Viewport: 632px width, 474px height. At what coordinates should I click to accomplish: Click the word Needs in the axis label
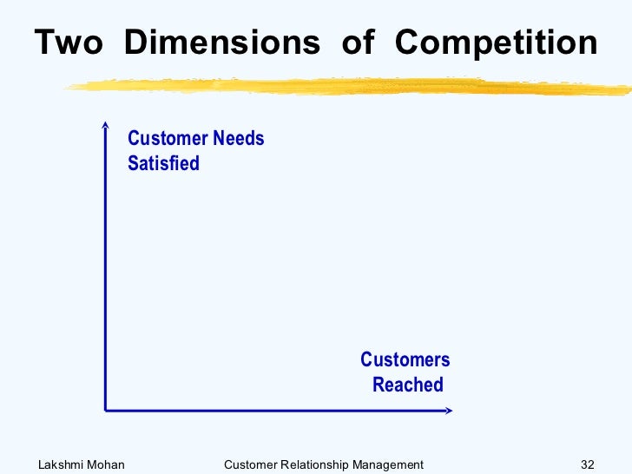pyautogui.click(x=238, y=139)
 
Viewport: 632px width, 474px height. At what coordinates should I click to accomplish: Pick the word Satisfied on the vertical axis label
pyautogui.click(x=163, y=163)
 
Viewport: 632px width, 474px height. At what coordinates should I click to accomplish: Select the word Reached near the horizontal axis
pyautogui.click(x=407, y=385)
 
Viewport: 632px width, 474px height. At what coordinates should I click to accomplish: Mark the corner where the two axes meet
pyautogui.click(x=105, y=408)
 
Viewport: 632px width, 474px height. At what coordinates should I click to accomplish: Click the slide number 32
pyautogui.click(x=588, y=464)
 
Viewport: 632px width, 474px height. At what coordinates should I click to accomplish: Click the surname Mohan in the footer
pyautogui.click(x=108, y=464)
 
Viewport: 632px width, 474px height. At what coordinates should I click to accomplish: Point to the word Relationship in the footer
pyautogui.click(x=314, y=464)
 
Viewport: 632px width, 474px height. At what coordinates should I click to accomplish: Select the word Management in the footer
pyautogui.click(x=388, y=464)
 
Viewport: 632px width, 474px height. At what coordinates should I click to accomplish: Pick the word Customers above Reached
pyautogui.click(x=405, y=360)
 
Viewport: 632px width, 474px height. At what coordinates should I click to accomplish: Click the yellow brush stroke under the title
pyautogui.click(x=347, y=85)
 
